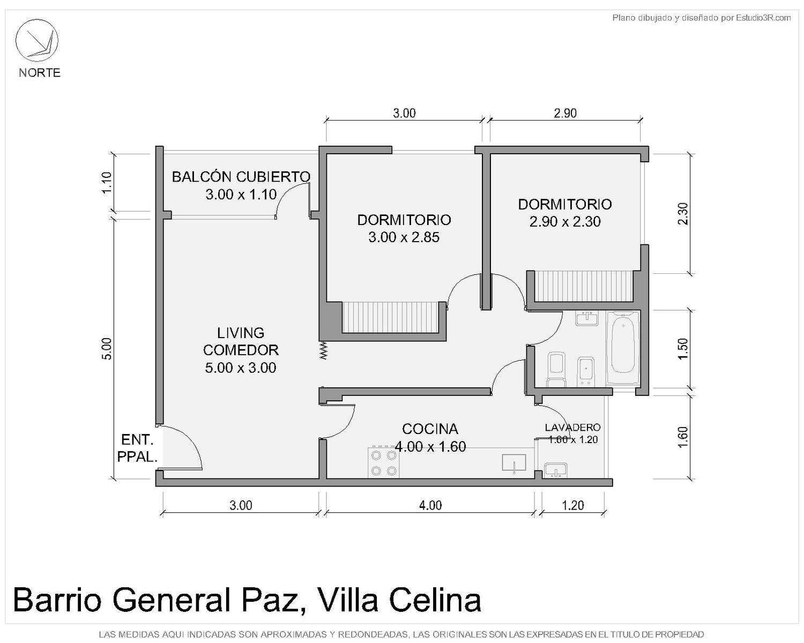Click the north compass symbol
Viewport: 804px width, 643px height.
click(x=36, y=40)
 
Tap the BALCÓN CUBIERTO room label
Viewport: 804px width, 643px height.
click(x=241, y=177)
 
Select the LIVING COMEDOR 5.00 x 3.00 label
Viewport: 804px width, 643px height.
click(x=241, y=350)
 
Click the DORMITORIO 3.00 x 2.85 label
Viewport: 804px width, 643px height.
click(x=404, y=228)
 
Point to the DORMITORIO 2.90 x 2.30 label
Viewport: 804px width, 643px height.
click(x=565, y=213)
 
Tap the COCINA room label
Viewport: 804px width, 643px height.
click(x=430, y=429)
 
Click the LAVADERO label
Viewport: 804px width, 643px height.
click(x=573, y=428)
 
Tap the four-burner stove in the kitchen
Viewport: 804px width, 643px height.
click(x=384, y=462)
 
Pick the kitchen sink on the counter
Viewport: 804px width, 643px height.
click(x=513, y=463)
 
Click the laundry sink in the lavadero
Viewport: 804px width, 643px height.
click(x=555, y=470)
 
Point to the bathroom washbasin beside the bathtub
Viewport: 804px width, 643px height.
click(x=587, y=318)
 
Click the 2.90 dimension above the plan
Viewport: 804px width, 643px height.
click(x=565, y=113)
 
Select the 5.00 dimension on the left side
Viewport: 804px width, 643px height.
click(x=107, y=349)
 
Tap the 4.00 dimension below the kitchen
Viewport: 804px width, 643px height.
click(x=430, y=505)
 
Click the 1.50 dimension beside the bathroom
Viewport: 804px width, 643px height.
click(x=682, y=349)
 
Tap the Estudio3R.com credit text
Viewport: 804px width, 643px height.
click(x=763, y=18)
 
